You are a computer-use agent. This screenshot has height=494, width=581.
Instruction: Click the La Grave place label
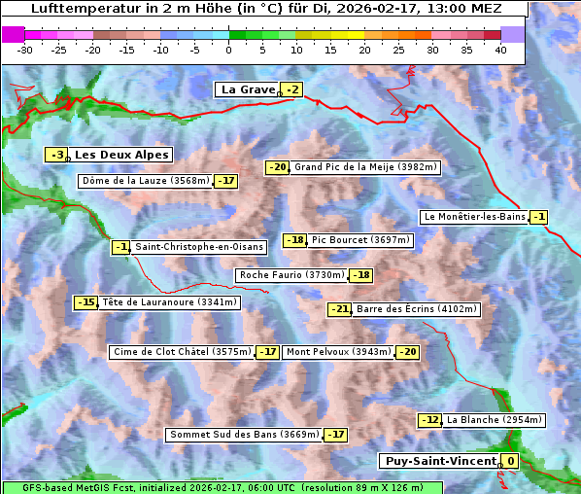(x=248, y=89)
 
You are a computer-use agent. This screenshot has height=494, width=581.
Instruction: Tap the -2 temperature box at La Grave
(x=292, y=90)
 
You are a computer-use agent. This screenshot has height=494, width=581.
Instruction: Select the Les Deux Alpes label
(x=122, y=155)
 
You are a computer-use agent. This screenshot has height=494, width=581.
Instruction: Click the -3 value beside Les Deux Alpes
(x=57, y=155)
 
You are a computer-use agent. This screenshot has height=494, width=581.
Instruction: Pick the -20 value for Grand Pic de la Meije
(x=278, y=167)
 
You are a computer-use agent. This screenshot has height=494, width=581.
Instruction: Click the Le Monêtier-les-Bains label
(x=473, y=217)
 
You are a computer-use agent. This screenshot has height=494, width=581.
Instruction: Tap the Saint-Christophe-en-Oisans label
(x=198, y=247)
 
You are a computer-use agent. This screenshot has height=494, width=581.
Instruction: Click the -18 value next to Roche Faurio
(x=361, y=275)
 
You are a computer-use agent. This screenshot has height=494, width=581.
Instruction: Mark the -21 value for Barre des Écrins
(x=339, y=309)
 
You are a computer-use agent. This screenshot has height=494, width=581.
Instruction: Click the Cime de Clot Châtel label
(x=182, y=352)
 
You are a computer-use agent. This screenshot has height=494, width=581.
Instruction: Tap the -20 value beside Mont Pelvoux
(x=407, y=352)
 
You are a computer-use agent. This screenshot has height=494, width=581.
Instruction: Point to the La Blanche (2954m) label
(x=494, y=420)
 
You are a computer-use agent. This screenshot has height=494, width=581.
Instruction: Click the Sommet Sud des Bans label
(x=244, y=435)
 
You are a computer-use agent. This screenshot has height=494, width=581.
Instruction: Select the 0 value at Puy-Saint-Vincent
(x=510, y=461)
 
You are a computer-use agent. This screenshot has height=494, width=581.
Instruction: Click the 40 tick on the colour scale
(x=500, y=50)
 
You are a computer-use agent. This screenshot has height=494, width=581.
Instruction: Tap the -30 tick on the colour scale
(x=25, y=50)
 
